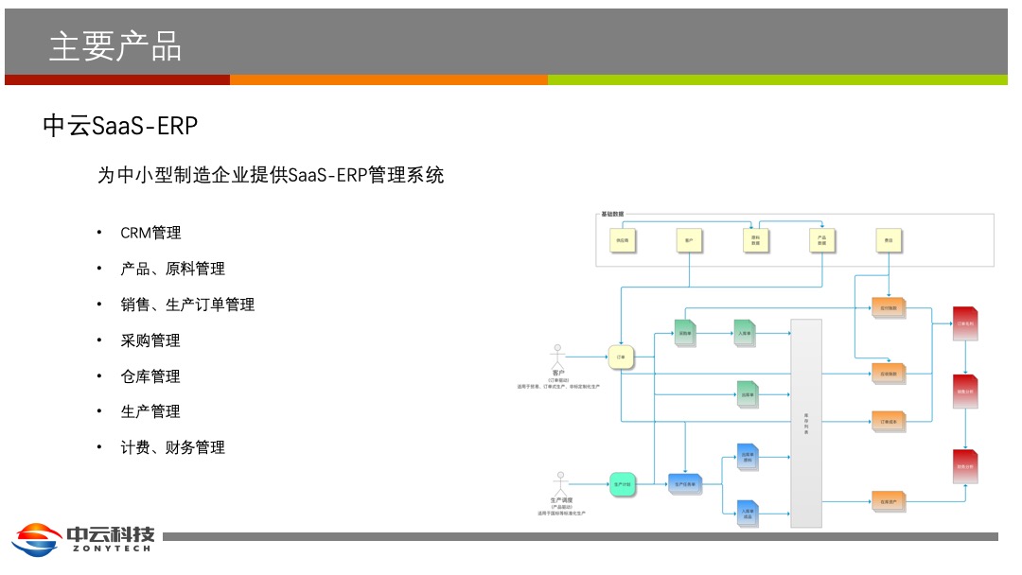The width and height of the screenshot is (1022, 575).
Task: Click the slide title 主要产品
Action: (x=115, y=45)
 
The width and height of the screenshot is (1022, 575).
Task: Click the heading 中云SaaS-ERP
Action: (x=120, y=127)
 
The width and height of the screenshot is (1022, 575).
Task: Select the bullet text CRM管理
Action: (x=150, y=233)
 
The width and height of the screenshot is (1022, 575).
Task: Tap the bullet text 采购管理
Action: (x=150, y=340)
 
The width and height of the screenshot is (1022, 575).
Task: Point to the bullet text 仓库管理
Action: (x=150, y=376)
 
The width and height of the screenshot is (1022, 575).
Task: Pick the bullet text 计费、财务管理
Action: (x=172, y=447)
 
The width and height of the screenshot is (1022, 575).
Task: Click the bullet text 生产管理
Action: (x=150, y=411)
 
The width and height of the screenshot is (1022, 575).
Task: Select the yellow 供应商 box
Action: (x=622, y=241)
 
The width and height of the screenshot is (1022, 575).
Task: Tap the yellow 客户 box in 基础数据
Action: (x=689, y=241)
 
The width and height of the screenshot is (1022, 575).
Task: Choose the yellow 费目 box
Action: (x=889, y=241)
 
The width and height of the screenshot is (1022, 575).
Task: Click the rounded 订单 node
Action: (x=621, y=357)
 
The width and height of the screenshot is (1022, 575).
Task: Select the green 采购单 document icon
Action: (x=684, y=333)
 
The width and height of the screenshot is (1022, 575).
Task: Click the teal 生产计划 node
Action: (x=621, y=484)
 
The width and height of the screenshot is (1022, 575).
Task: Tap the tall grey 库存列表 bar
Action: (x=806, y=422)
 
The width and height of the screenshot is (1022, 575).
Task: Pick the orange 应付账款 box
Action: (x=888, y=307)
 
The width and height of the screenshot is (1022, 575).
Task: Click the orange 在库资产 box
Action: (x=888, y=501)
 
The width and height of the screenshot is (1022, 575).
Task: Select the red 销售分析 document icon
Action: (x=965, y=391)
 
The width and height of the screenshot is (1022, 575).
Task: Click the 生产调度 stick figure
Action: (x=561, y=482)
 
